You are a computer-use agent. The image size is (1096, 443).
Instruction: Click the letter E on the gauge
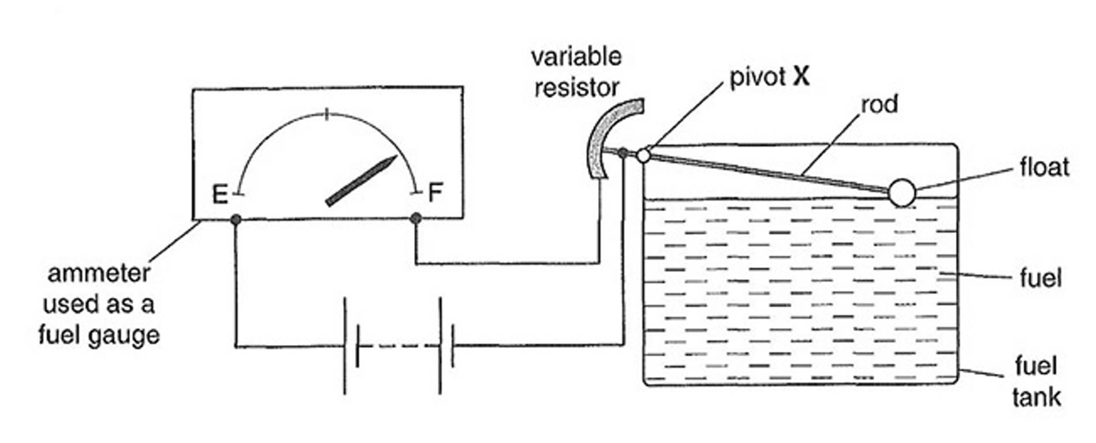219,194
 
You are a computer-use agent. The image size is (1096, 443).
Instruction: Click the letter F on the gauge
435,192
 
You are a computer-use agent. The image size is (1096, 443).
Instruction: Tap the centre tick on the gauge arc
327,114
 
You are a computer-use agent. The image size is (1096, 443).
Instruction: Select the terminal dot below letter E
236,219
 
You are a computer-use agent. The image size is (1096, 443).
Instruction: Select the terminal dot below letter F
416,218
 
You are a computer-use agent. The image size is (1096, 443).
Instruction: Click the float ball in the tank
901,193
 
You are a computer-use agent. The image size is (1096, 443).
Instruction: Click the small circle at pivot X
644,155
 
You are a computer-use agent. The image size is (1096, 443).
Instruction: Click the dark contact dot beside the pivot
622,153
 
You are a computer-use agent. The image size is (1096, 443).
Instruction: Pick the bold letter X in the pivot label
801,76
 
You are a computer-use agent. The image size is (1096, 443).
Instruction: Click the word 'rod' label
879,105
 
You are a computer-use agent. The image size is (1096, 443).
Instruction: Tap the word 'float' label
1044,167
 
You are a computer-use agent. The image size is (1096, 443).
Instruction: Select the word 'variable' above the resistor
576,57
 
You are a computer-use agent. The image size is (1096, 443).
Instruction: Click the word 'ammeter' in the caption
99,273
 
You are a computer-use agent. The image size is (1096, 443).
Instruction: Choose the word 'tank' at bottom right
1037,397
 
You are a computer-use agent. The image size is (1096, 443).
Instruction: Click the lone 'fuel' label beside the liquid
1041,279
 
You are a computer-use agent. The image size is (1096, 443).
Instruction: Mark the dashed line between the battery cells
398,346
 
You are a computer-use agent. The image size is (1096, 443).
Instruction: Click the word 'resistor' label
576,88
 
